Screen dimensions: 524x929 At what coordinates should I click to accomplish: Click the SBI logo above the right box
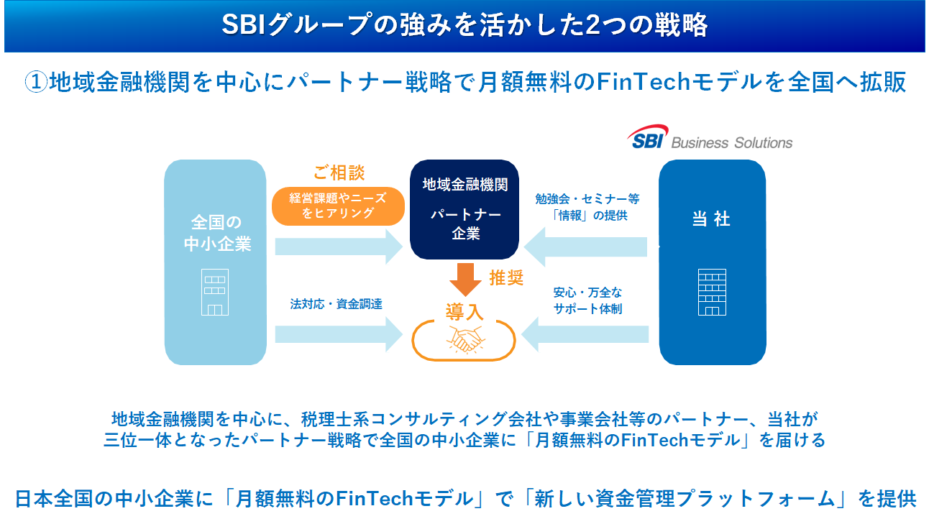(x=648, y=138)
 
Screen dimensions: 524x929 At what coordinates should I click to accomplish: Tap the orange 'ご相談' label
(x=339, y=173)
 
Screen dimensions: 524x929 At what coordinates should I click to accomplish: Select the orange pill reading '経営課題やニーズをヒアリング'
(x=339, y=206)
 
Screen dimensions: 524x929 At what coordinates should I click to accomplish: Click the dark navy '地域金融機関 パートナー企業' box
(x=464, y=209)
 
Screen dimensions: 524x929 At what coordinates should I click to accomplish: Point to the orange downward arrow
(x=464, y=279)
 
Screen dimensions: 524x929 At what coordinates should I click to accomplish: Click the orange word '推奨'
(x=506, y=278)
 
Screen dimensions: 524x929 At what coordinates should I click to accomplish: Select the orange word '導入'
(x=464, y=312)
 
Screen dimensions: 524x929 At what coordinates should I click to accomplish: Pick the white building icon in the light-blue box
(x=215, y=292)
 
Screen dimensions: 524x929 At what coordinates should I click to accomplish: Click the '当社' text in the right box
(x=711, y=219)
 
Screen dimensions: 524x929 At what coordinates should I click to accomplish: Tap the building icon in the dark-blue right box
(x=712, y=292)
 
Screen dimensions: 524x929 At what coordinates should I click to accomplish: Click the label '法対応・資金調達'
(x=336, y=304)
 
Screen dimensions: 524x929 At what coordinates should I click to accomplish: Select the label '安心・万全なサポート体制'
(x=587, y=301)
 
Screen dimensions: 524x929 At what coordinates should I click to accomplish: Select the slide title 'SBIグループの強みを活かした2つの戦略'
(x=464, y=26)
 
